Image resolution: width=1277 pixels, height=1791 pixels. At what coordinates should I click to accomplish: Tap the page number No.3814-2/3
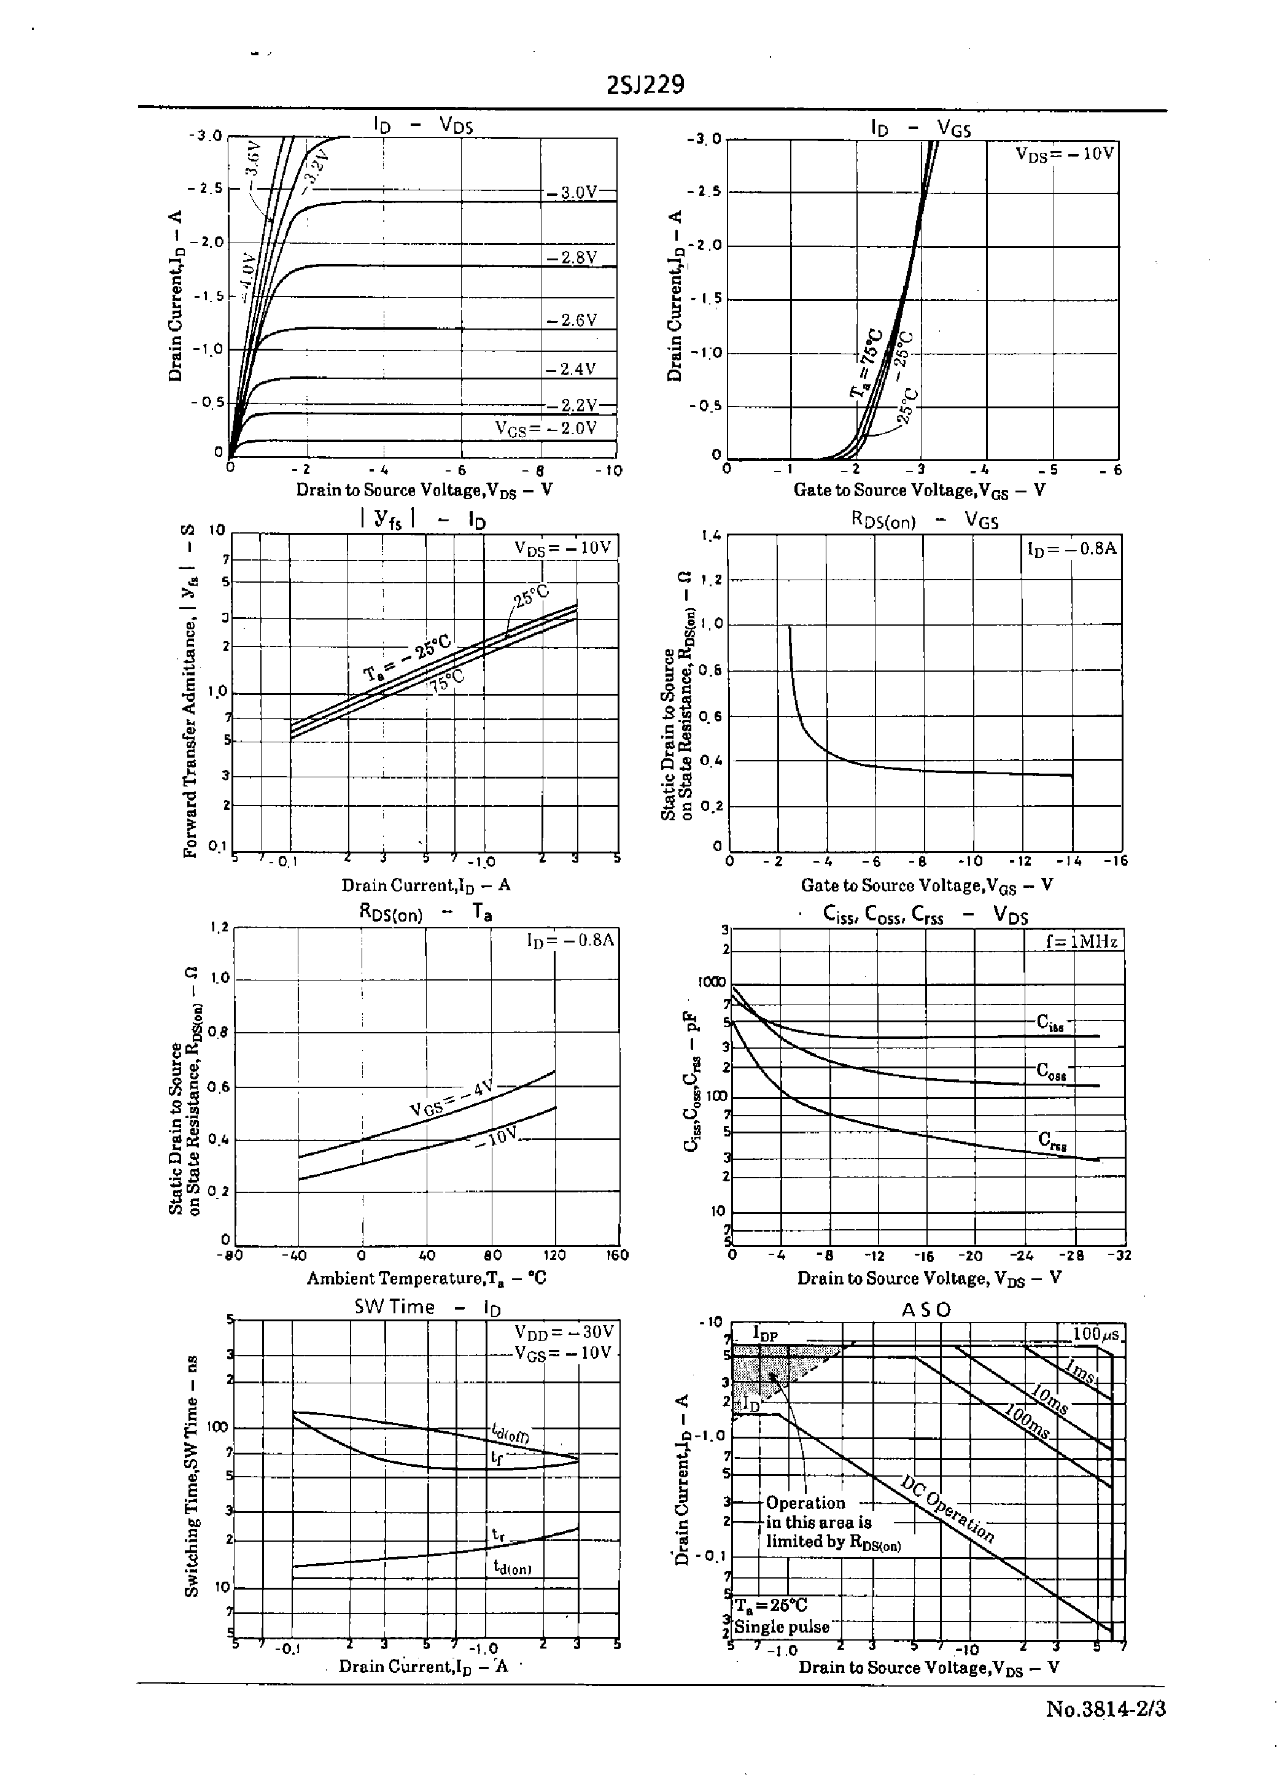click(1105, 1709)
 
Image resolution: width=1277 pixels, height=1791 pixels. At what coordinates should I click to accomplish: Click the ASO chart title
click(925, 1310)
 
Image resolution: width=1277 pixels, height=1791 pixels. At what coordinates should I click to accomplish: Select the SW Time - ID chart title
click(427, 1307)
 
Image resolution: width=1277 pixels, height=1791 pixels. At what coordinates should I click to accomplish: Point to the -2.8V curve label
click(572, 258)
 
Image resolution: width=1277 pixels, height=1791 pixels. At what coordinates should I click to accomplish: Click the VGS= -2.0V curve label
click(546, 429)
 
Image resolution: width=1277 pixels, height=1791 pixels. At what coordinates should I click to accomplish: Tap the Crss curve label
click(1051, 1140)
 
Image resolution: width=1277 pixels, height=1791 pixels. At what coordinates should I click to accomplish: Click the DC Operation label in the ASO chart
click(947, 1510)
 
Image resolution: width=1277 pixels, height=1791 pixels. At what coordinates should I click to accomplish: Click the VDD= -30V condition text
click(564, 1332)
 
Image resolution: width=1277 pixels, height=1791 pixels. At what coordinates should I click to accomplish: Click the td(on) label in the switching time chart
click(512, 1567)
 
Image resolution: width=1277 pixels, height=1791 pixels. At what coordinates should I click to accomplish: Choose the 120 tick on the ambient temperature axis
click(555, 1255)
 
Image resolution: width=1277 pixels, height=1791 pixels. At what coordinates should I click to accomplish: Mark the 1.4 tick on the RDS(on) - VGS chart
click(711, 536)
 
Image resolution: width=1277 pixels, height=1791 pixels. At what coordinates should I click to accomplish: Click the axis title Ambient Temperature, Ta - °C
click(425, 1278)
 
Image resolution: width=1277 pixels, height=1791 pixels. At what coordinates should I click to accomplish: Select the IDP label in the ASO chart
click(764, 1332)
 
